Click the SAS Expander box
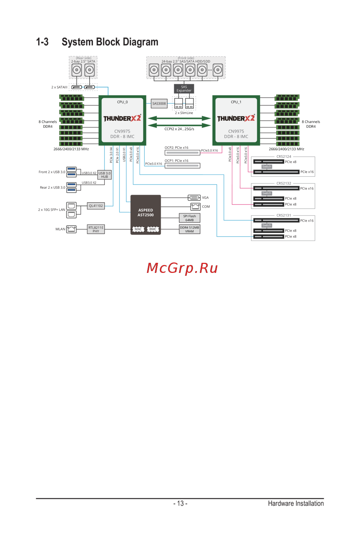click(184, 89)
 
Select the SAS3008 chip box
click(159, 104)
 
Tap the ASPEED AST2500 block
click(145, 213)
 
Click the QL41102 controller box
click(96, 206)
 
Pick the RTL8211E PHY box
click(96, 229)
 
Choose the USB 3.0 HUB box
click(104, 175)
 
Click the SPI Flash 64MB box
click(189, 218)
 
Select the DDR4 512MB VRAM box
click(189, 229)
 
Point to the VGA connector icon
click(194, 198)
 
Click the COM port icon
click(195, 207)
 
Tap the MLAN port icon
click(72, 229)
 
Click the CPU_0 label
click(122, 102)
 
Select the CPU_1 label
click(236, 102)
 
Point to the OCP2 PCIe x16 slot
click(182, 153)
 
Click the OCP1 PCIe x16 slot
click(182, 166)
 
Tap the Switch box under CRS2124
click(267, 167)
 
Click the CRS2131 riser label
click(284, 215)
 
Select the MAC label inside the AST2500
click(138, 229)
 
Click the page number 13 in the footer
click(180, 503)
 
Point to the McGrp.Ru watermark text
click(182, 268)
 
